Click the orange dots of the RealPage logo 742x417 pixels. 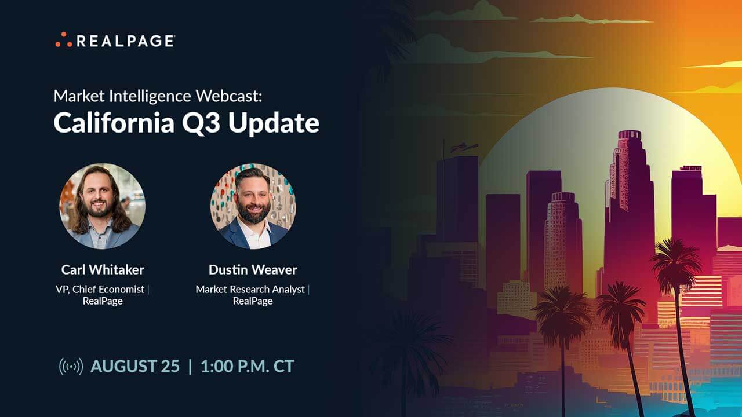pyautogui.click(x=64, y=40)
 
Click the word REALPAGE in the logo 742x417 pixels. pyautogui.click(x=126, y=41)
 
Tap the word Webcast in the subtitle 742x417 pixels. pyautogui.click(x=228, y=96)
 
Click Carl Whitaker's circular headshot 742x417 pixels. pyautogui.click(x=102, y=206)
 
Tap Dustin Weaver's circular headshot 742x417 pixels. pyautogui.click(x=253, y=206)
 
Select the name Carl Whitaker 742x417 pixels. pyautogui.click(x=103, y=270)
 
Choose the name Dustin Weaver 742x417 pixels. pyautogui.click(x=253, y=270)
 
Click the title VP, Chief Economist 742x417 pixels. pyautogui.click(x=100, y=290)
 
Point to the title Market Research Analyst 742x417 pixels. pyautogui.click(x=250, y=290)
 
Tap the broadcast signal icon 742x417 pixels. pyautogui.click(x=71, y=367)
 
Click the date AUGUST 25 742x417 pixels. pyautogui.click(x=135, y=367)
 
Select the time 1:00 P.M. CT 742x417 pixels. pyautogui.click(x=248, y=367)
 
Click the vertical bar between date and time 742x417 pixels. pyautogui.click(x=190, y=367)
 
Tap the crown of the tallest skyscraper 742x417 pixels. pyautogui.click(x=630, y=136)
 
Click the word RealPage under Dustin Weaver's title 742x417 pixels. pyautogui.click(x=253, y=302)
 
